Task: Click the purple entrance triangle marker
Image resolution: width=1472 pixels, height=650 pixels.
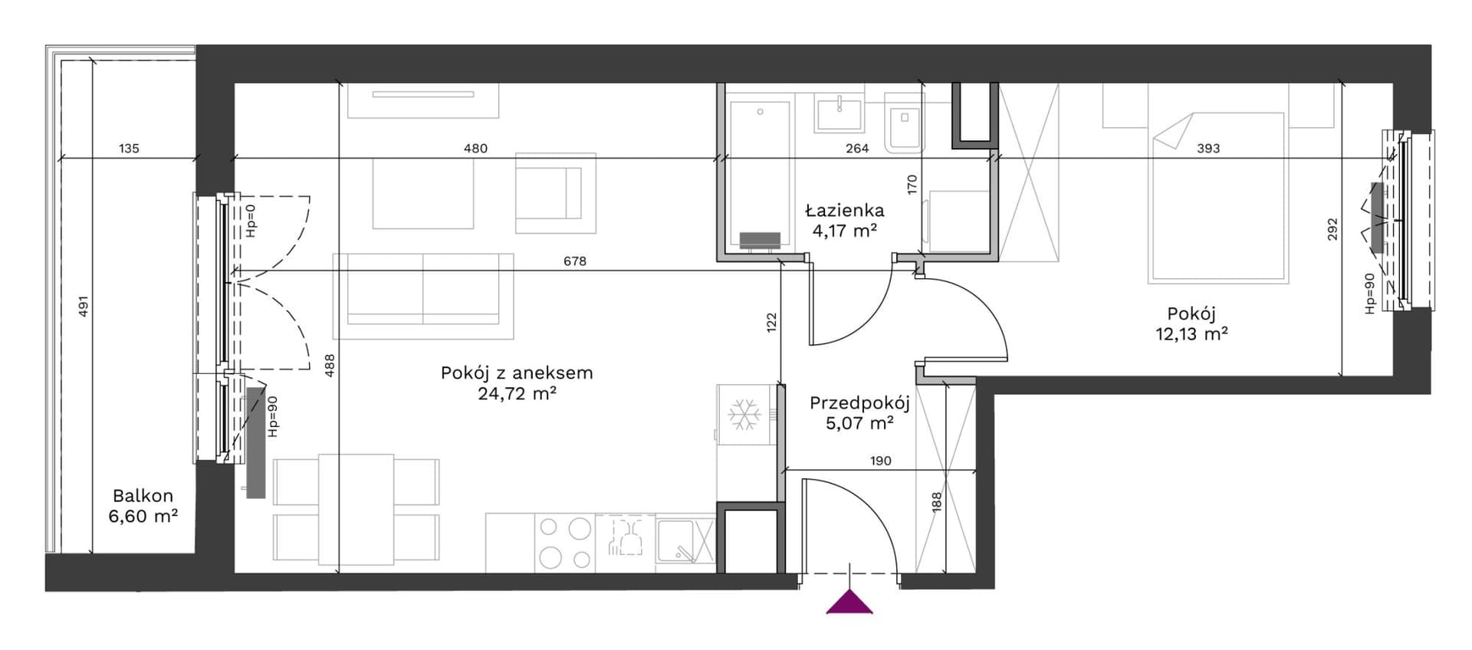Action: pyautogui.click(x=849, y=602)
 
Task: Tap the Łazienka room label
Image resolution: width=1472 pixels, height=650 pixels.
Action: pyautogui.click(x=844, y=210)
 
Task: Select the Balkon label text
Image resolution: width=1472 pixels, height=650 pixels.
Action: pyautogui.click(x=143, y=496)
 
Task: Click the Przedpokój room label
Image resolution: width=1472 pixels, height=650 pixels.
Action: pyautogui.click(x=859, y=403)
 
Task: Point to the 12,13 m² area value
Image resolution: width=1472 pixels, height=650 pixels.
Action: pyautogui.click(x=1191, y=333)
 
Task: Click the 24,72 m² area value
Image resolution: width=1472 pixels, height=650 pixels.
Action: pyautogui.click(x=516, y=394)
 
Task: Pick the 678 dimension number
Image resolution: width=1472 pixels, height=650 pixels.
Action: pyautogui.click(x=575, y=261)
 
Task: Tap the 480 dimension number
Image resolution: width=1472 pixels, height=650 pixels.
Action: pyautogui.click(x=475, y=148)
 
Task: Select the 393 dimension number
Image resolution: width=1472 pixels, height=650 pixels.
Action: pyautogui.click(x=1208, y=148)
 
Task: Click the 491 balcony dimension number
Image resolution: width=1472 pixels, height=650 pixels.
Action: pyautogui.click(x=84, y=306)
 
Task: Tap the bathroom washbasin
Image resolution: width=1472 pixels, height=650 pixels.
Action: pyautogui.click(x=841, y=113)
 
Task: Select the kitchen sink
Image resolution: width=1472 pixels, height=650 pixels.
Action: pyautogui.click(x=685, y=541)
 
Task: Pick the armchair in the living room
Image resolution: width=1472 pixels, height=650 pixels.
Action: pyautogui.click(x=556, y=193)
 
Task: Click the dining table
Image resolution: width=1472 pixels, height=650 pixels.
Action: pyautogui.click(x=356, y=509)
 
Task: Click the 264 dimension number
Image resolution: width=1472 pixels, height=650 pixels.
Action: pyautogui.click(x=857, y=148)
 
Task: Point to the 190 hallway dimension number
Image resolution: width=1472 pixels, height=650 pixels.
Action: pyautogui.click(x=881, y=461)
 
